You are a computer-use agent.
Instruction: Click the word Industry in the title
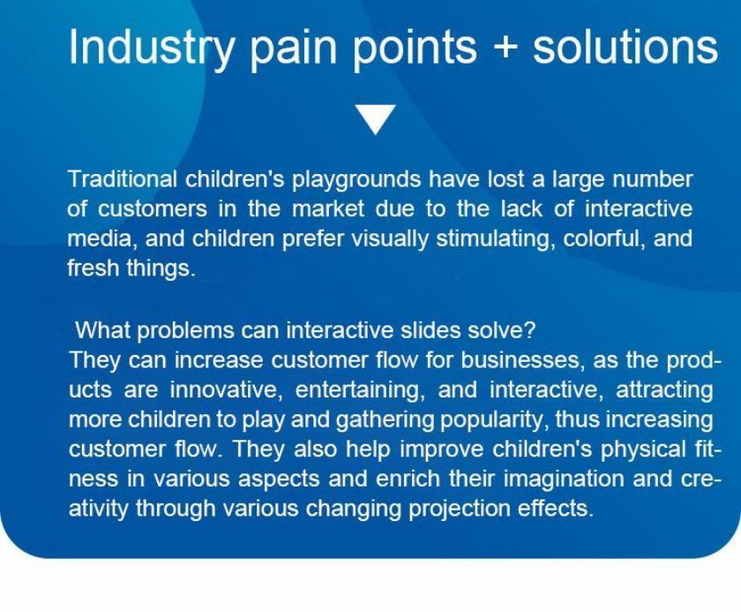[151, 48]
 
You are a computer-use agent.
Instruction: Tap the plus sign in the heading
[505, 48]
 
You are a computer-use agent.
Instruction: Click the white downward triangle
[375, 119]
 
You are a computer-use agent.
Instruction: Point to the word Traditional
[123, 179]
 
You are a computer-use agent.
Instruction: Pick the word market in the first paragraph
[328, 209]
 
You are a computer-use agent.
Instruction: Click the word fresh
[93, 268]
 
